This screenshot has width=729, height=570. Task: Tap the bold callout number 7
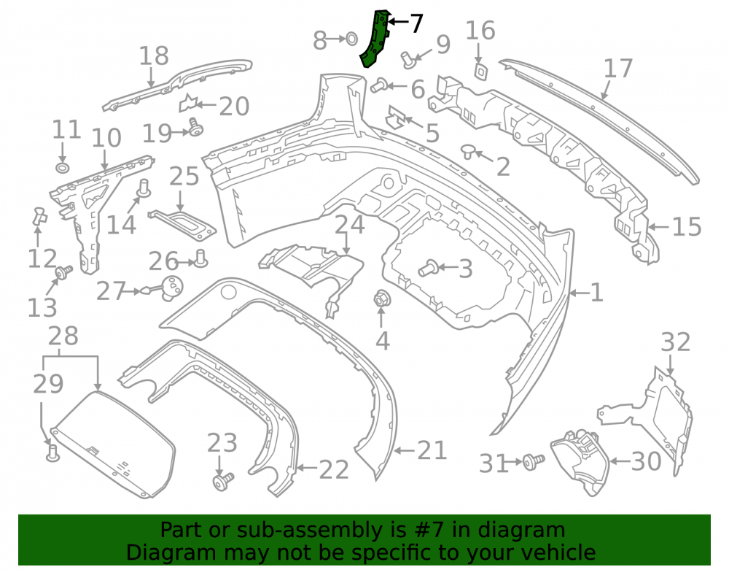416,23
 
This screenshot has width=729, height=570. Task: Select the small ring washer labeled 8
351,39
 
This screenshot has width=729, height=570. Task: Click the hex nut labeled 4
382,298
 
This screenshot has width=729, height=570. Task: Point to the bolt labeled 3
428,268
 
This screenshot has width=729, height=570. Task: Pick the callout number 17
618,69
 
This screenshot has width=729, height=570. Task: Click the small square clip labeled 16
480,72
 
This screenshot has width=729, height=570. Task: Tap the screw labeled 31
534,461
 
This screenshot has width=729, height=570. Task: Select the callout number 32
676,342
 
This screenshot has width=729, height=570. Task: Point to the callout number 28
63,336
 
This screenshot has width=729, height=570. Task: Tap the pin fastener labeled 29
53,453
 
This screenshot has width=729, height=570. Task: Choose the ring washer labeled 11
62,168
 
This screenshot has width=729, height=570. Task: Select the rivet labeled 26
201,258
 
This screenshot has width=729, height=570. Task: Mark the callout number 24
350,225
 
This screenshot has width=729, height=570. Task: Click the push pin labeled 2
468,152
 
